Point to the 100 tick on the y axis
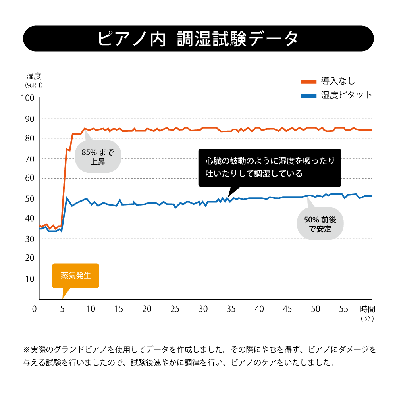tap(30, 98)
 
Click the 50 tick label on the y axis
tap(30, 198)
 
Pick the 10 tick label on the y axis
tap(30, 279)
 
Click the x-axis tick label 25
tap(175, 309)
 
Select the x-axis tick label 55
tap(343, 309)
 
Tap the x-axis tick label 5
tap(62, 309)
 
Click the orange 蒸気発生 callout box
tap(75, 276)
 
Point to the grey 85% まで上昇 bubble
tap(98, 156)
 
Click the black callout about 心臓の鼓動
tap(270, 168)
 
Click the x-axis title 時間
tap(368, 309)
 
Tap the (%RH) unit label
tap(33, 85)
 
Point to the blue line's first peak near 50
tap(67, 198)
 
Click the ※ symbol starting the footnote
tap(27, 350)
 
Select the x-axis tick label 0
tap(35, 309)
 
